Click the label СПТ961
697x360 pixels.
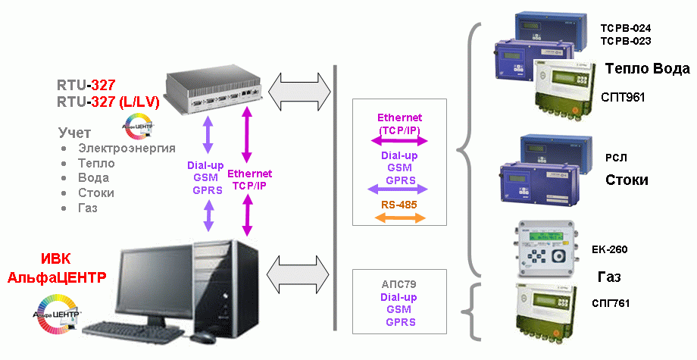pos(622,97)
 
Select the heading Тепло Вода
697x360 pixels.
pos(648,69)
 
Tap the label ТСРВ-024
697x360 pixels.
pos(625,28)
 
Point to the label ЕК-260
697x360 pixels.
pos(609,249)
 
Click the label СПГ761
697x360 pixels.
pos(611,303)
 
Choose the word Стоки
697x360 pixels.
pos(627,180)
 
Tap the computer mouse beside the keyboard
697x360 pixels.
pos(202,336)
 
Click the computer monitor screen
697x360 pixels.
pos(154,285)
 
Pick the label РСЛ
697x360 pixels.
pos(616,158)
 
